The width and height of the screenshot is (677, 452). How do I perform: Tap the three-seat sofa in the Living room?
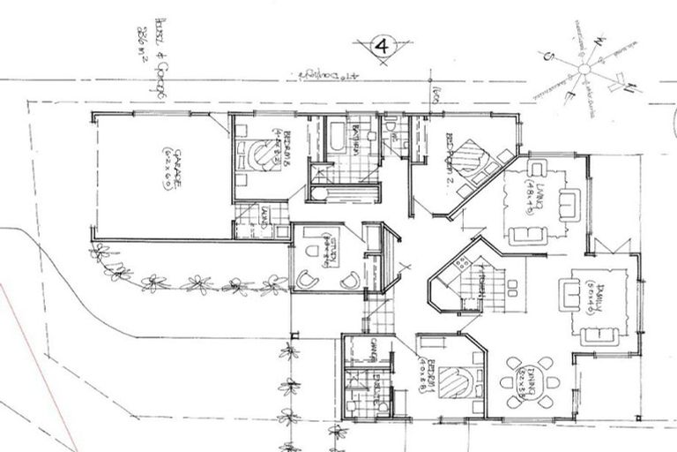528,234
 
